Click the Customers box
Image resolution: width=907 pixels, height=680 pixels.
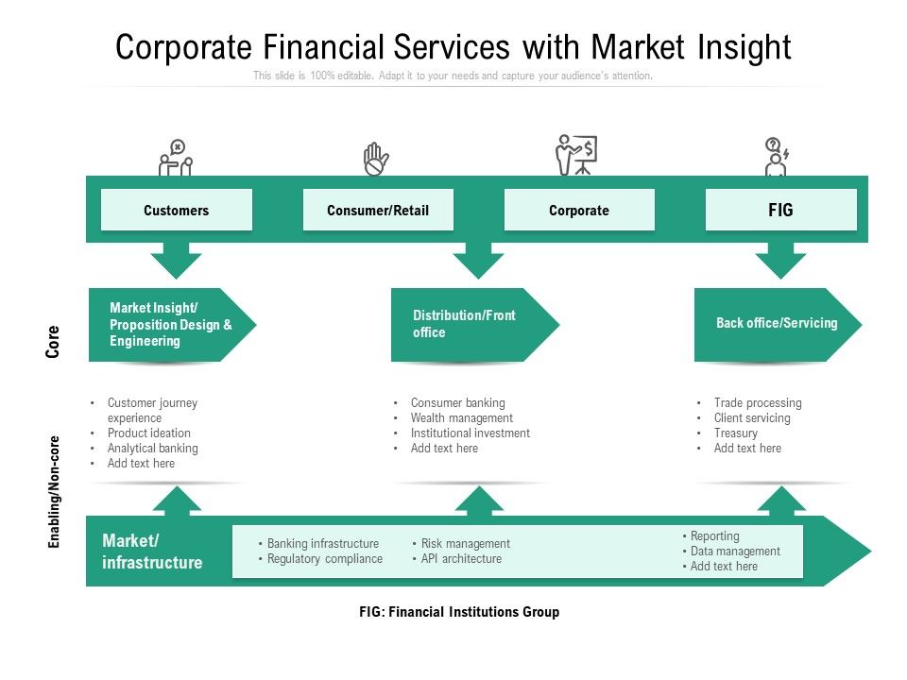click(177, 210)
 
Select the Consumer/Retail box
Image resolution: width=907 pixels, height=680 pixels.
click(378, 210)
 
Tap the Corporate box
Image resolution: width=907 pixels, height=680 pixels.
click(579, 210)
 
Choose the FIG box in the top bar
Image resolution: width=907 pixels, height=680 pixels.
click(780, 210)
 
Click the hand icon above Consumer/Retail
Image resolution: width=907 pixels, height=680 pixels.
click(376, 159)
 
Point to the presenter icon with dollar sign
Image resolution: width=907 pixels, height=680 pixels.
click(575, 156)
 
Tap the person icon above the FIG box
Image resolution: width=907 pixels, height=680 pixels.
click(777, 157)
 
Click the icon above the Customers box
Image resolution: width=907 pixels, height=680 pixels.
click(176, 158)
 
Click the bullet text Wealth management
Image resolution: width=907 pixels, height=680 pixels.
click(461, 418)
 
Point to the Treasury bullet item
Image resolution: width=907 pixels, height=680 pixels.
click(735, 433)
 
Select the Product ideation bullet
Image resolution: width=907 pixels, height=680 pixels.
click(148, 433)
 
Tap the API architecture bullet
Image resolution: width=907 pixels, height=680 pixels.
click(461, 559)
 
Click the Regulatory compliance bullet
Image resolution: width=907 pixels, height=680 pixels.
click(324, 559)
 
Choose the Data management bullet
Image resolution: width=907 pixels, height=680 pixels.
click(735, 552)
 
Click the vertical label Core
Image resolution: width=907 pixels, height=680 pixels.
click(54, 341)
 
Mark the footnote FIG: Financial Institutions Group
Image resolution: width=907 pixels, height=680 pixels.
click(459, 612)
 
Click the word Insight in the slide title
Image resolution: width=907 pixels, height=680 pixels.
click(738, 46)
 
